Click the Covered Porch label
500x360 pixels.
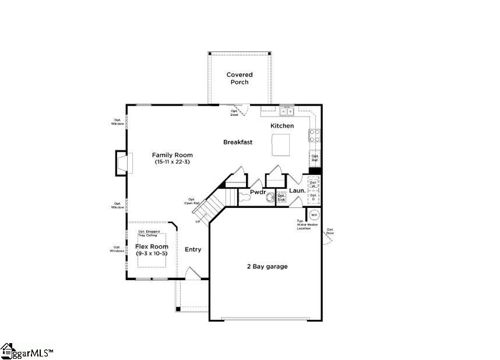(x=240, y=79)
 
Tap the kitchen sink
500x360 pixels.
(x=286, y=111)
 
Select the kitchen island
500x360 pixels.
(x=281, y=144)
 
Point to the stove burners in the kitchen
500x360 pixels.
(x=314, y=136)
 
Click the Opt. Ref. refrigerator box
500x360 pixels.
(x=315, y=158)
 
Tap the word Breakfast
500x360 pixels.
(x=238, y=142)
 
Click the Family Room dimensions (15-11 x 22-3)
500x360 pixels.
(x=173, y=162)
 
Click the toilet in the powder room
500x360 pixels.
(x=245, y=199)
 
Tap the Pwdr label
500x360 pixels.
(x=258, y=192)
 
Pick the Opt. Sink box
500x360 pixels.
(x=281, y=197)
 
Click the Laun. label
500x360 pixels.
(x=297, y=190)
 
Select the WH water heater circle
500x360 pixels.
(x=314, y=214)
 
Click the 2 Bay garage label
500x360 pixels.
(x=267, y=266)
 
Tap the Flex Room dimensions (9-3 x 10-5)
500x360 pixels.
(x=152, y=253)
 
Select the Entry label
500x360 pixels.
(x=193, y=249)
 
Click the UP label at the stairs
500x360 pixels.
(x=198, y=221)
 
